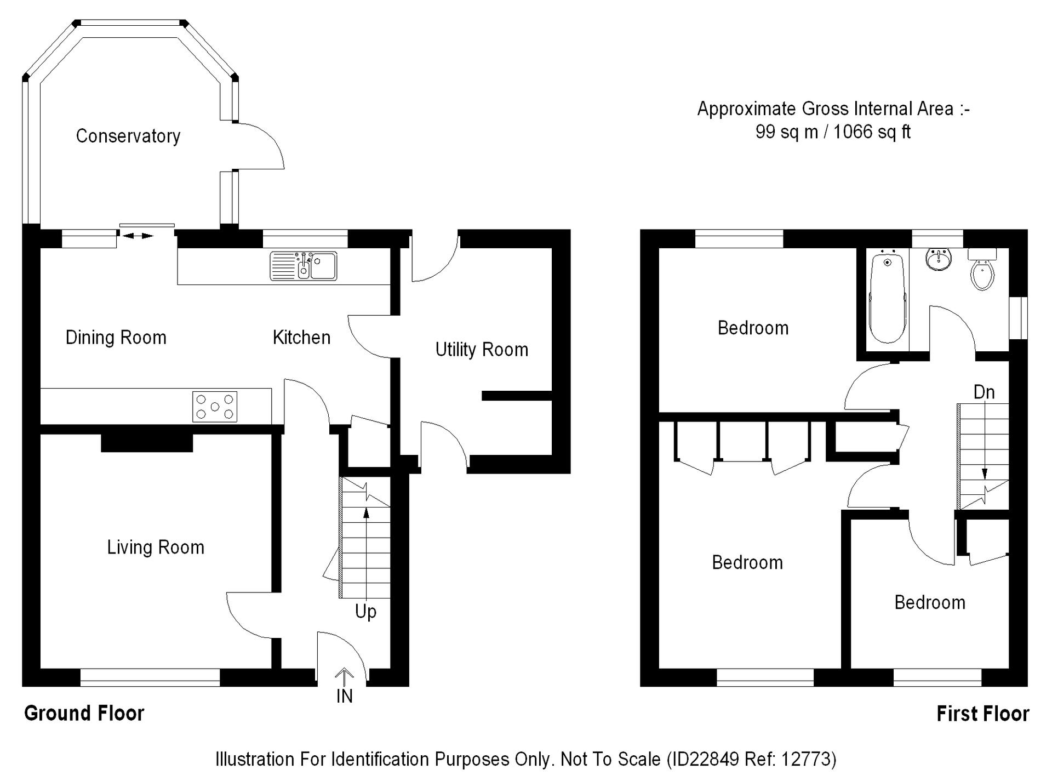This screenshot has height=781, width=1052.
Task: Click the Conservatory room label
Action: point(128,136)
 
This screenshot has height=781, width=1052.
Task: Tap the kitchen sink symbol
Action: point(303,266)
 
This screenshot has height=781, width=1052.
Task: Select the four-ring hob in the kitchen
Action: point(215,407)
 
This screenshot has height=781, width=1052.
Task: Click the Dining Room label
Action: point(116,338)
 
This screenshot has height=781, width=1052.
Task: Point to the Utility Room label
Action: point(482,350)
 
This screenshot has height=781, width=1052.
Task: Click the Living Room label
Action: point(156,548)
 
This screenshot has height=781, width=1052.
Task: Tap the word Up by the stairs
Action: point(365,611)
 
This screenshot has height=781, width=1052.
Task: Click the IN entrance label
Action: point(344,696)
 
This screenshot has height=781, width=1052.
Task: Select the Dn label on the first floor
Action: point(984,392)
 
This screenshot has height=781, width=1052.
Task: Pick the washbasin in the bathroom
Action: point(939,259)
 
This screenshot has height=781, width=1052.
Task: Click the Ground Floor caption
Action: point(84,713)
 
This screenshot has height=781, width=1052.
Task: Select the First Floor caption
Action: point(983,714)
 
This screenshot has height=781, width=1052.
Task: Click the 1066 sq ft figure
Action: point(872,132)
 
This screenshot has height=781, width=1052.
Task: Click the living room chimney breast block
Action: point(147,443)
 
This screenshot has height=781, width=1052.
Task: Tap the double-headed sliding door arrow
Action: point(137,236)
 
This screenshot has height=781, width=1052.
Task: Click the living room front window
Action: point(150,677)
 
